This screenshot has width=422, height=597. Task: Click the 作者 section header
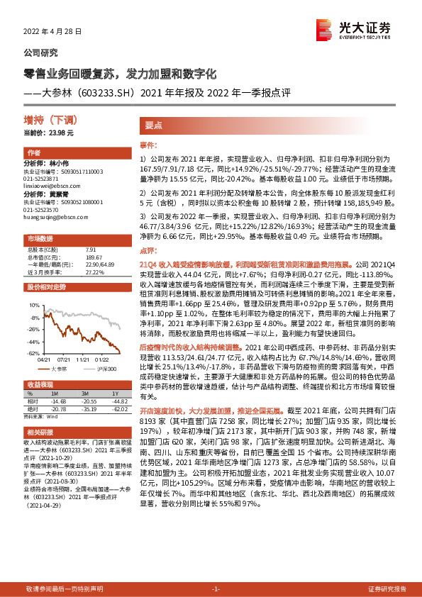34,153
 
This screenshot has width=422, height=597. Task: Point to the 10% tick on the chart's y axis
33,304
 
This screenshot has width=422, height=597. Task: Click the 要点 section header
154,123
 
